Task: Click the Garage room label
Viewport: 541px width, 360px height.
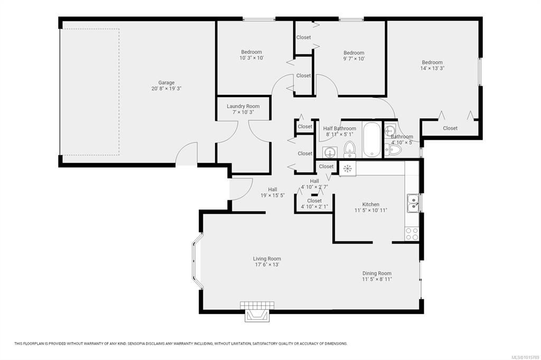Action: (166, 83)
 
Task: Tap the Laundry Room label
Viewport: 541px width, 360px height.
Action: (243, 106)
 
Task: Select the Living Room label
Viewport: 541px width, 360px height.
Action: (267, 259)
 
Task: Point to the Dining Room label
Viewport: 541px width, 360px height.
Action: (377, 273)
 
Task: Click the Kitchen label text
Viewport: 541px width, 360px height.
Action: (371, 204)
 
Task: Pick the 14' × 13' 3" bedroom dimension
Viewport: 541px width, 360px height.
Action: (432, 68)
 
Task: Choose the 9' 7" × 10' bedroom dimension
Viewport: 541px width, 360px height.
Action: (353, 59)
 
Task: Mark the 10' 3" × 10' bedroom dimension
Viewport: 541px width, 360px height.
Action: (251, 58)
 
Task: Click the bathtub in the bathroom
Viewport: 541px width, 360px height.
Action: (372, 139)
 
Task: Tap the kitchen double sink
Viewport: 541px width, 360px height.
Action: (413, 203)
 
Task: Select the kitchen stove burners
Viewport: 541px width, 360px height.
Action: (412, 233)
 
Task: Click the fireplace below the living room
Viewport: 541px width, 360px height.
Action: (257, 312)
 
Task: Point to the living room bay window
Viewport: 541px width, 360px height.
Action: (197, 260)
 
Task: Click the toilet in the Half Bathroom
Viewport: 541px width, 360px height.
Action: (350, 149)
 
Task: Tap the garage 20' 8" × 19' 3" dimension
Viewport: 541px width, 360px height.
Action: (166, 89)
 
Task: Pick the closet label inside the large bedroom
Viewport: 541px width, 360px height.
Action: (450, 128)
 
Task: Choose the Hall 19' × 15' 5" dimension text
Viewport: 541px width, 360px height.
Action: (273, 195)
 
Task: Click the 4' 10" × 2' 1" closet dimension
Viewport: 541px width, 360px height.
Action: (314, 207)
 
